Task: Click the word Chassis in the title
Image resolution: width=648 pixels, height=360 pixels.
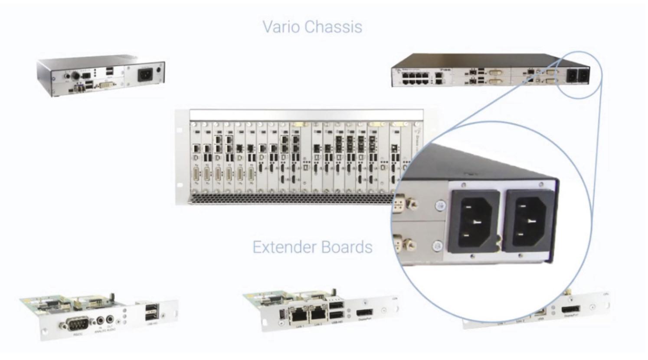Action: tap(333, 27)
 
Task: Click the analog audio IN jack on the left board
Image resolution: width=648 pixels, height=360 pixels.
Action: tap(101, 321)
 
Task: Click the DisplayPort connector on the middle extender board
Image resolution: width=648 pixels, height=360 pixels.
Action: tap(365, 313)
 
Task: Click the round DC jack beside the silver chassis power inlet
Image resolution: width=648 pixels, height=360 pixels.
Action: tap(160, 70)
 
